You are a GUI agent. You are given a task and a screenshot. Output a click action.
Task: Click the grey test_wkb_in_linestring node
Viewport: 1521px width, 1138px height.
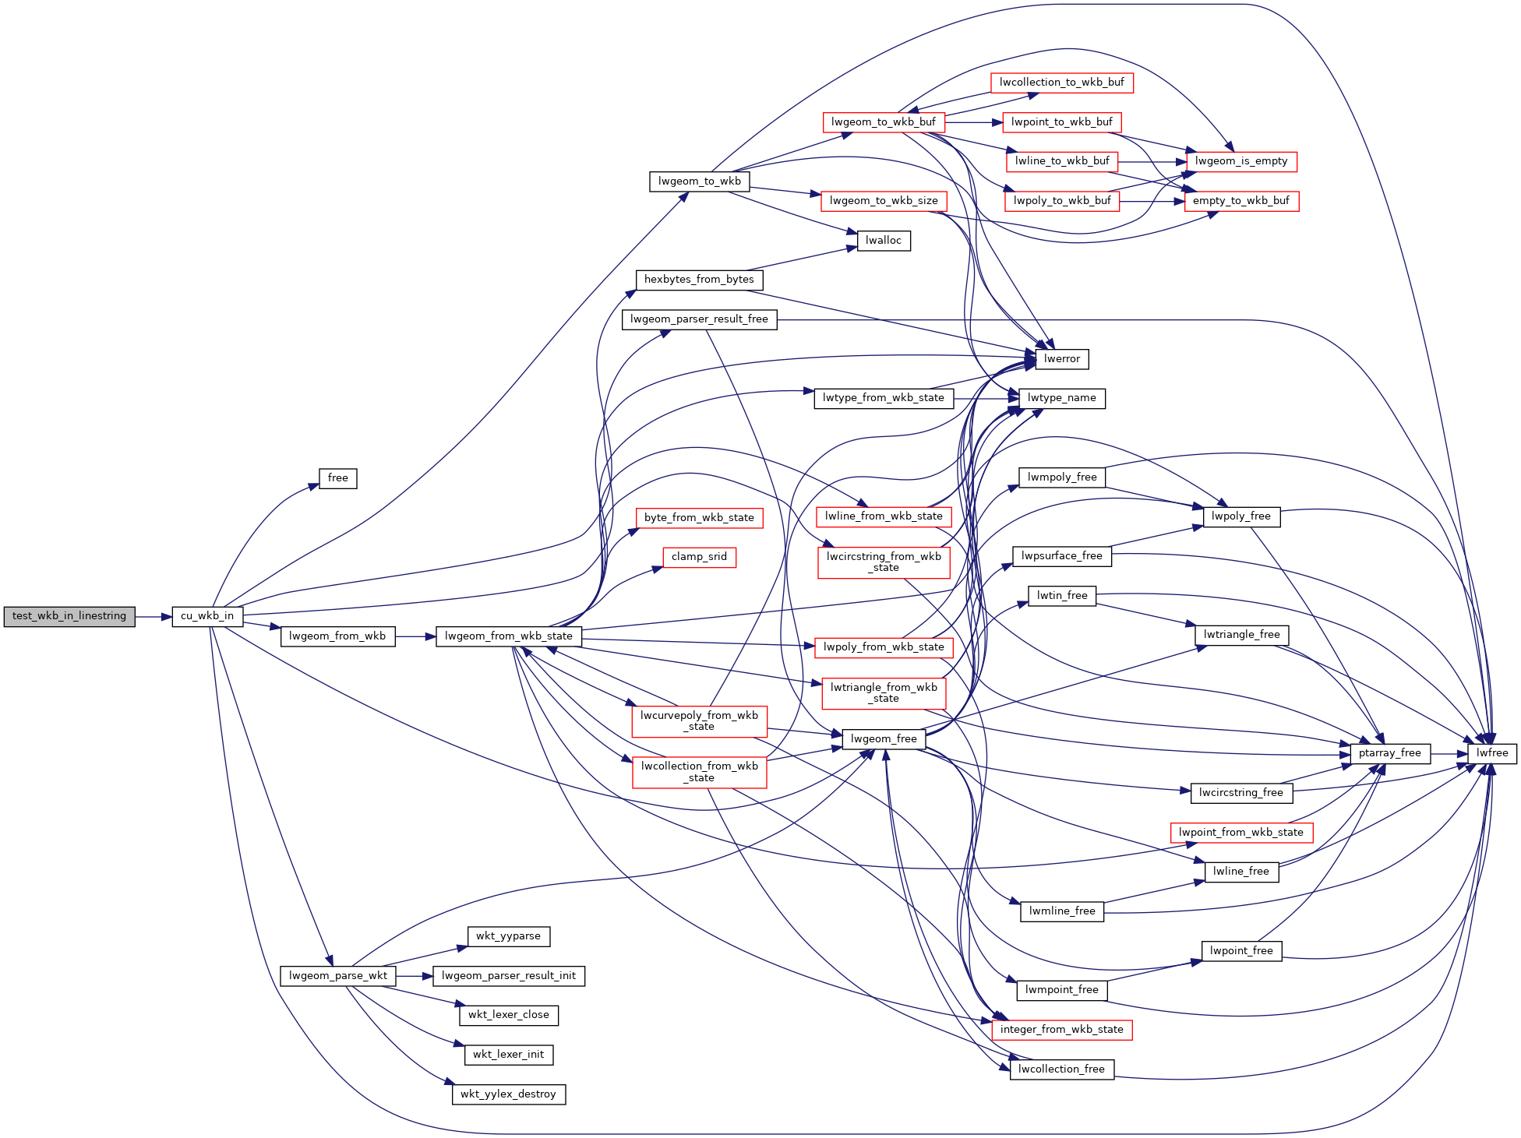[x=69, y=616]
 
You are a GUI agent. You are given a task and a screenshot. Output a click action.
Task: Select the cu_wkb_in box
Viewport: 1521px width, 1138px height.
[x=207, y=616]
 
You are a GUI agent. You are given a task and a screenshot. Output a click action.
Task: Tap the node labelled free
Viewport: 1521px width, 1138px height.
[x=338, y=478]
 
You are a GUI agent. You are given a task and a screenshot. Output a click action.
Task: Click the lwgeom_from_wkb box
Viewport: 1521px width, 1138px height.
[x=337, y=636]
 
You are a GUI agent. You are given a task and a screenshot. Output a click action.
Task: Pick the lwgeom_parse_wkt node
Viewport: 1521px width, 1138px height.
[x=338, y=976]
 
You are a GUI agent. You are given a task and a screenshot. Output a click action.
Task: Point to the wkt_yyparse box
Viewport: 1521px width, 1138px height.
[x=509, y=936]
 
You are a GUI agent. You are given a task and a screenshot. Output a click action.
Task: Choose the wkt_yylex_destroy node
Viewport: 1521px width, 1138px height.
[x=509, y=1094]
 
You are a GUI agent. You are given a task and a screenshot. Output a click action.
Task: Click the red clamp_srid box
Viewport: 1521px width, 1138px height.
[x=700, y=557]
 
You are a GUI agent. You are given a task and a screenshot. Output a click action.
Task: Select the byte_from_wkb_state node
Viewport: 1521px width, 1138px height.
[x=700, y=518]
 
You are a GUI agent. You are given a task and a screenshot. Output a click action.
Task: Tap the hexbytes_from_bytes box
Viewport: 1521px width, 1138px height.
[x=700, y=280]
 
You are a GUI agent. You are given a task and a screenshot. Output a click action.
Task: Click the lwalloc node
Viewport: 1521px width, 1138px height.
[x=884, y=241]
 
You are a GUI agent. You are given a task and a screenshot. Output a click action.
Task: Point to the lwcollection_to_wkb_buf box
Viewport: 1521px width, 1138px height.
[x=1062, y=83]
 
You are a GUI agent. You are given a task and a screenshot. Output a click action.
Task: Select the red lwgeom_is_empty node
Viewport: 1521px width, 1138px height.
[x=1242, y=161]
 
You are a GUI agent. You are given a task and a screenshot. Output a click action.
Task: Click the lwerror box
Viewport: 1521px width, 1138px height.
[x=1062, y=359]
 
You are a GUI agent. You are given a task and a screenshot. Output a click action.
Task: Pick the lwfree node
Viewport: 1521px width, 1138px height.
[x=1492, y=753]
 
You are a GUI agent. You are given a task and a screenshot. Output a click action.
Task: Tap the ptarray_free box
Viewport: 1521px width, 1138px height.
[x=1390, y=753]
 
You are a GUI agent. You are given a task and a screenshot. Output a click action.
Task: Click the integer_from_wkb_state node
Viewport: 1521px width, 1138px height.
[x=1062, y=1030]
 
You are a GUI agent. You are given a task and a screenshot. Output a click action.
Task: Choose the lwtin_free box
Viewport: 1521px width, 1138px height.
[x=1062, y=596]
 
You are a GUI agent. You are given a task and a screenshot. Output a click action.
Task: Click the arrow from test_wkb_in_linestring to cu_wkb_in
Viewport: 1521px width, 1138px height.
[x=154, y=617]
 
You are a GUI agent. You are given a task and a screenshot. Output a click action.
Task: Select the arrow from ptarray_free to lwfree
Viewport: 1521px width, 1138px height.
[x=1449, y=754]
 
